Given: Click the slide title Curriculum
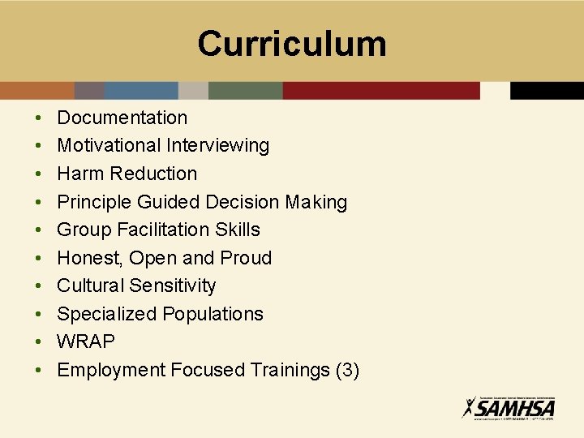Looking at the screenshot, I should click(x=292, y=43).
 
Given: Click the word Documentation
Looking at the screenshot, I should click(x=122, y=118).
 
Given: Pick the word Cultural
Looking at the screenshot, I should click(x=90, y=286).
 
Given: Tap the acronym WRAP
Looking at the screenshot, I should click(x=86, y=341).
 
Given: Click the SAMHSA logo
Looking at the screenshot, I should click(x=508, y=406).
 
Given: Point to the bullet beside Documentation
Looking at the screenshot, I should click(x=39, y=118).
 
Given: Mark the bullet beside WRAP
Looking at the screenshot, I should click(x=39, y=342).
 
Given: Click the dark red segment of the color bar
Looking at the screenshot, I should click(x=381, y=90).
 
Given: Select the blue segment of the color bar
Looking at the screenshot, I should click(x=141, y=90).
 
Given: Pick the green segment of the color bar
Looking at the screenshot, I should click(x=245, y=90).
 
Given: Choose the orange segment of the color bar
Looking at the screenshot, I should click(x=37, y=90).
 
